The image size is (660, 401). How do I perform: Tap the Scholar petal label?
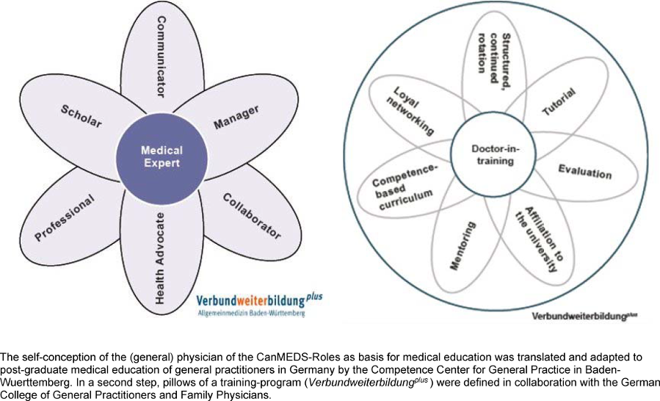point(81,114)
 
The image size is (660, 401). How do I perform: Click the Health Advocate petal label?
point(160,261)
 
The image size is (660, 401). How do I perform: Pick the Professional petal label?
point(65,218)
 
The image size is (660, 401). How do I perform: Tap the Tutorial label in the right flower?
point(559,102)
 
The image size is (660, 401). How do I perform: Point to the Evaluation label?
point(584,172)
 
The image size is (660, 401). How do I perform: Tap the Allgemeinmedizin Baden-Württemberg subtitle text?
point(250,313)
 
